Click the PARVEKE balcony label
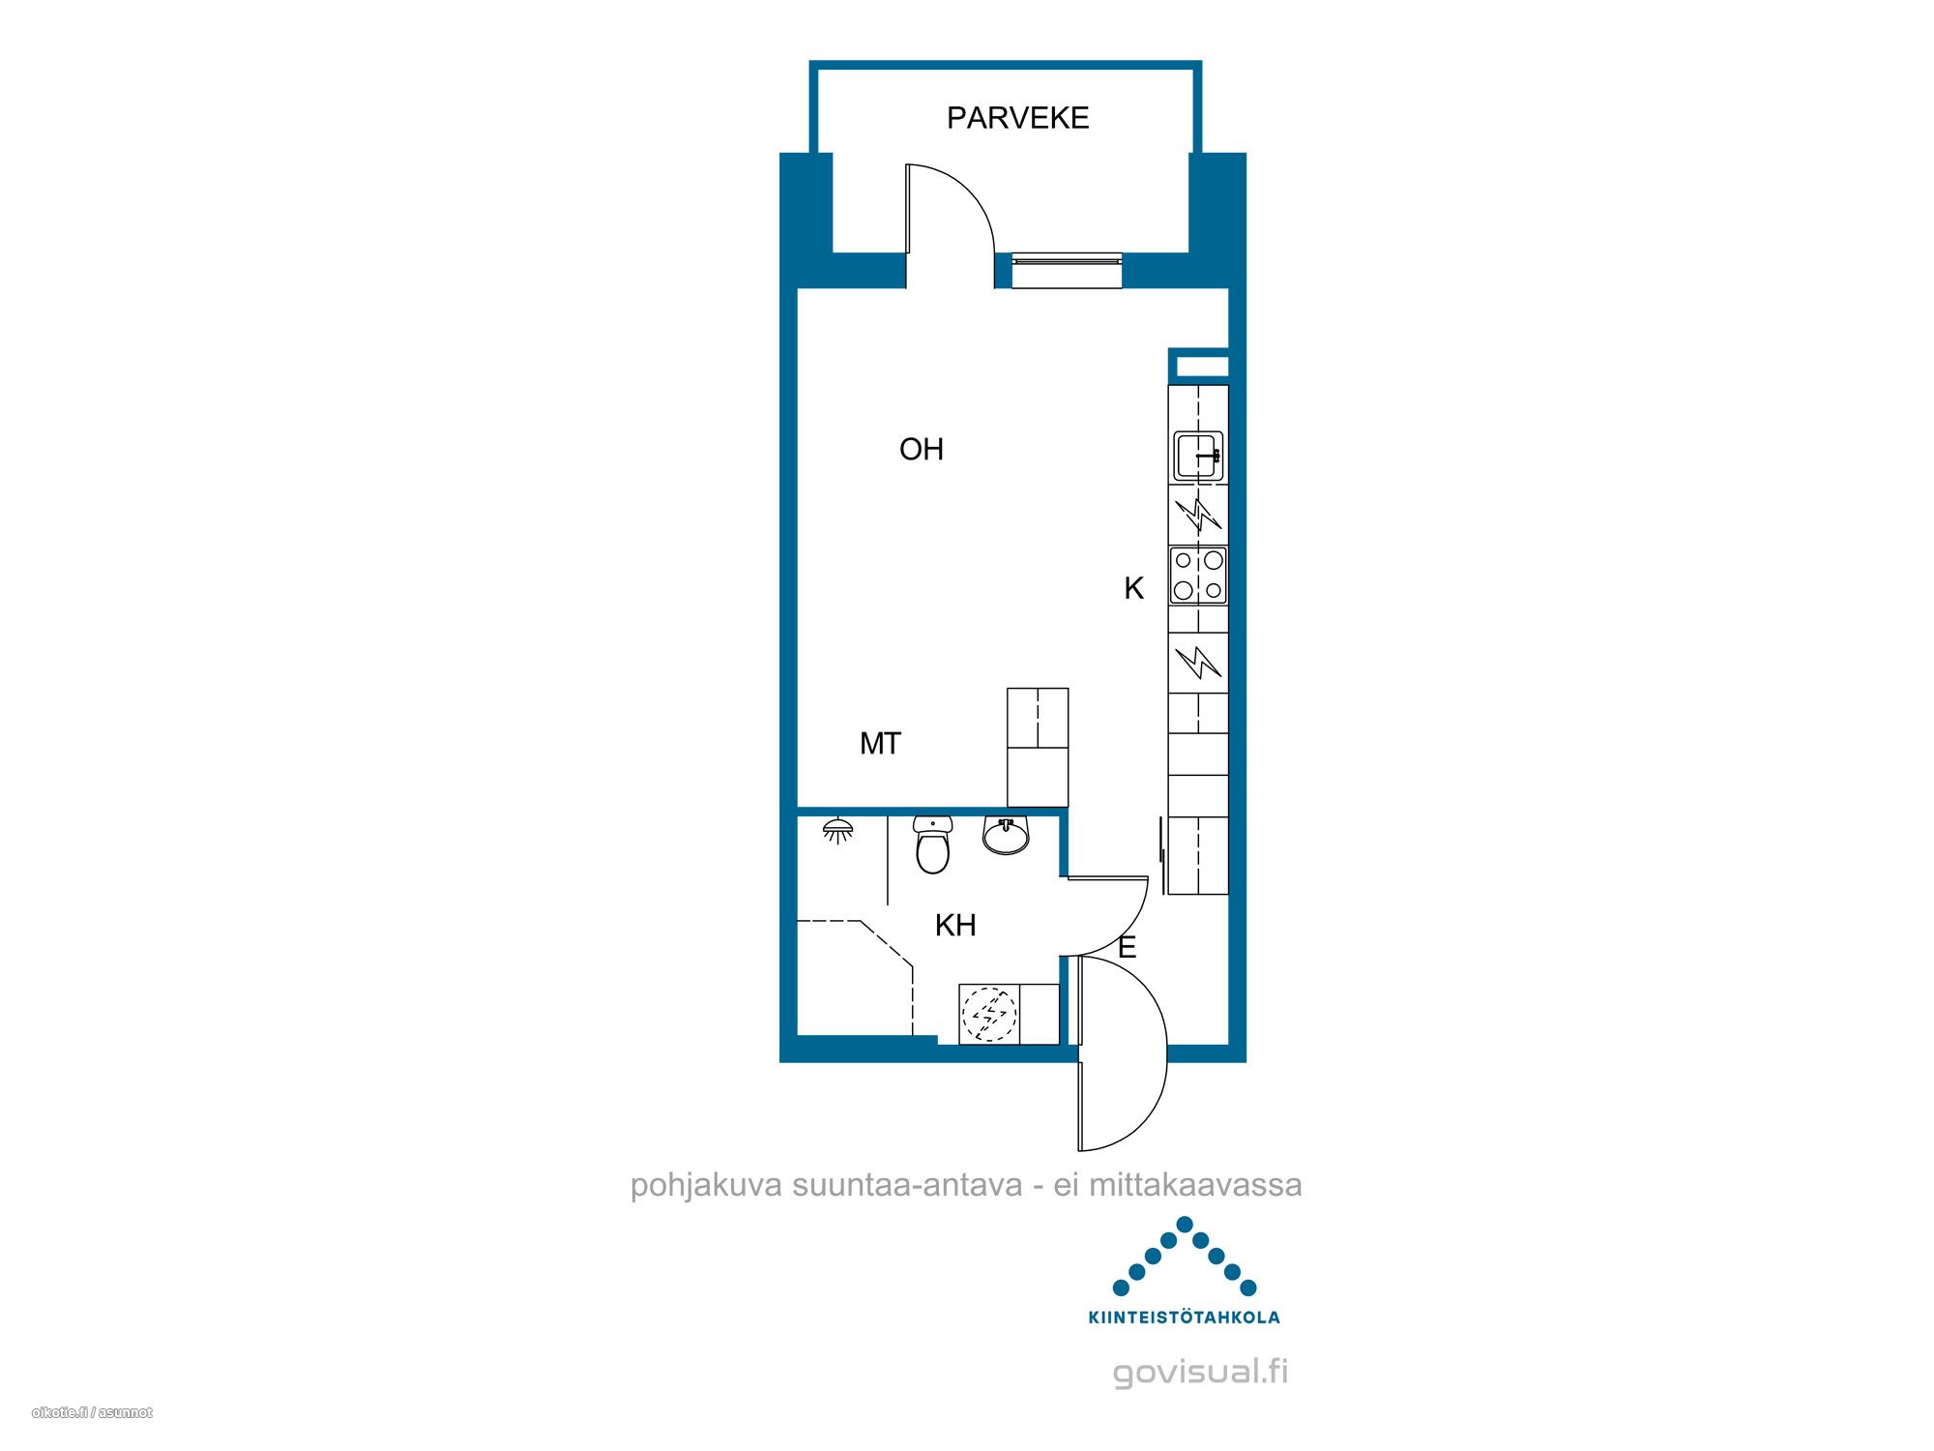[1017, 118]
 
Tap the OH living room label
[922, 449]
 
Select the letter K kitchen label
[1133, 588]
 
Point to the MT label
[880, 744]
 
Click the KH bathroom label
[955, 926]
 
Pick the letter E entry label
[1127, 948]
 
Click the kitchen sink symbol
[1199, 456]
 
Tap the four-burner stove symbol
[1199, 576]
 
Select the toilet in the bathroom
[933, 844]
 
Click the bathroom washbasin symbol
[1007, 836]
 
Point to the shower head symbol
[837, 831]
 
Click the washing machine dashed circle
[988, 1014]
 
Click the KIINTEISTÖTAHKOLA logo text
[1185, 1317]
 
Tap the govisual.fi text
[1201, 1373]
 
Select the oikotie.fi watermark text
[92, 1412]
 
